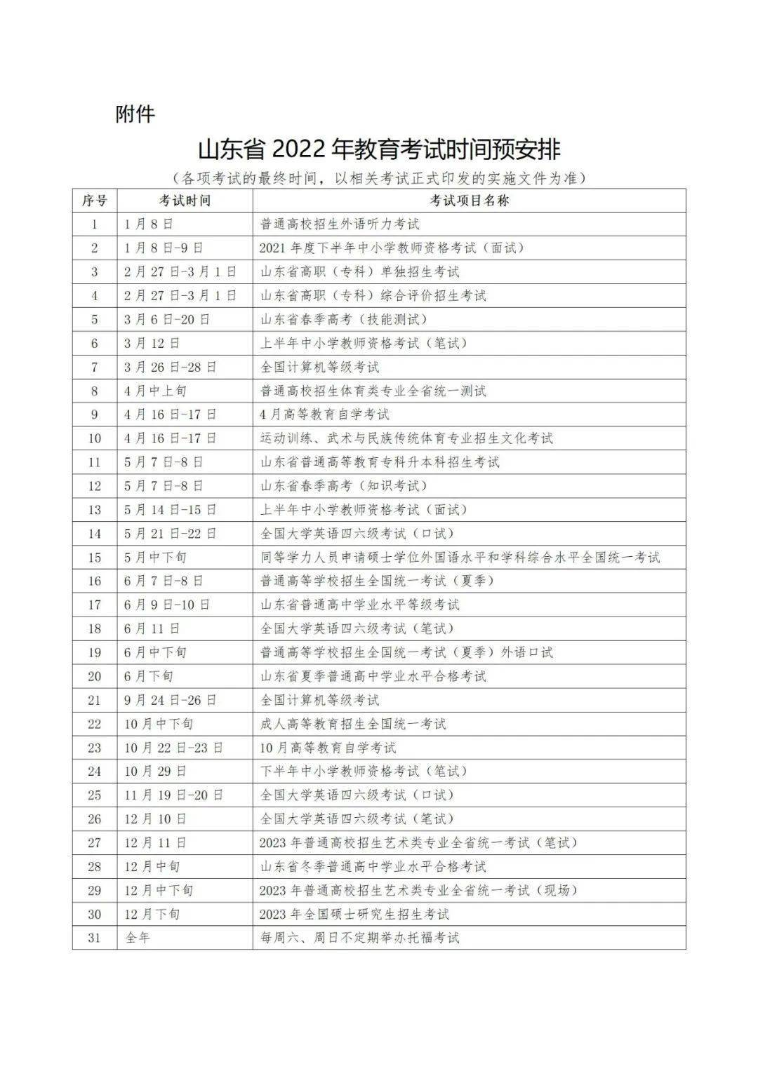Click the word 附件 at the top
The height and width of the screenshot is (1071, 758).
[x=135, y=114]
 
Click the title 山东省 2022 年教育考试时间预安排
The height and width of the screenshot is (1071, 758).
[x=379, y=150]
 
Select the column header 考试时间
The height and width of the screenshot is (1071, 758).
[x=185, y=201]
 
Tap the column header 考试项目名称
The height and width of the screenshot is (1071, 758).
[x=469, y=201]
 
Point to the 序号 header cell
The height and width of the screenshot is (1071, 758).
[x=95, y=201]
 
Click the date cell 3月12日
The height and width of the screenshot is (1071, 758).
[x=152, y=343]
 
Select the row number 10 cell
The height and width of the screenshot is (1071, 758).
[x=95, y=438]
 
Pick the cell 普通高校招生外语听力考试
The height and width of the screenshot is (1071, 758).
[x=340, y=224]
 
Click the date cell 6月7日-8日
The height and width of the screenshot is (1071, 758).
[x=164, y=581]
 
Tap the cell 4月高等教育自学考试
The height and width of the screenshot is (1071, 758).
[x=325, y=415]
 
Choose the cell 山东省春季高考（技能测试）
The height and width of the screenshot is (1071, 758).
[x=344, y=319]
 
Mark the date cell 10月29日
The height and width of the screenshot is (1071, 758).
[x=156, y=771]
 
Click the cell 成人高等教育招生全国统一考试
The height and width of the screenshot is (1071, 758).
[x=353, y=724]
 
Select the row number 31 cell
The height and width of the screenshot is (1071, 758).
[x=95, y=937]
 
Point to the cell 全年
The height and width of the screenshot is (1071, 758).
[x=138, y=937]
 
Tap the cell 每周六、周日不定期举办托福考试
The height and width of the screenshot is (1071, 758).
[x=359, y=937]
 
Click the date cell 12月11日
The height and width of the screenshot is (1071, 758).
[x=156, y=842]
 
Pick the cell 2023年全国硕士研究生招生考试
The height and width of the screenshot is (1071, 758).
[x=354, y=914]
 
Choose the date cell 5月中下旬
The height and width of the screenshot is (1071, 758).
[x=156, y=558]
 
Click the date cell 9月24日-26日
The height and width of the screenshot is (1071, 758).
[x=171, y=700]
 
